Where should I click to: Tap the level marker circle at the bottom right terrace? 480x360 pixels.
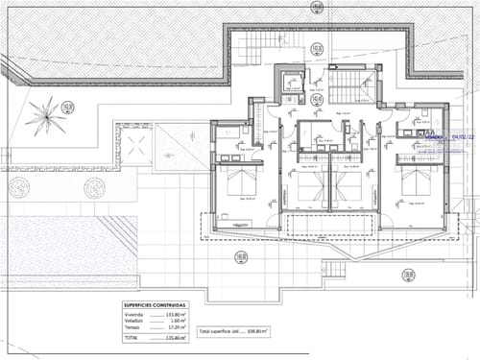tap(408, 276)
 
